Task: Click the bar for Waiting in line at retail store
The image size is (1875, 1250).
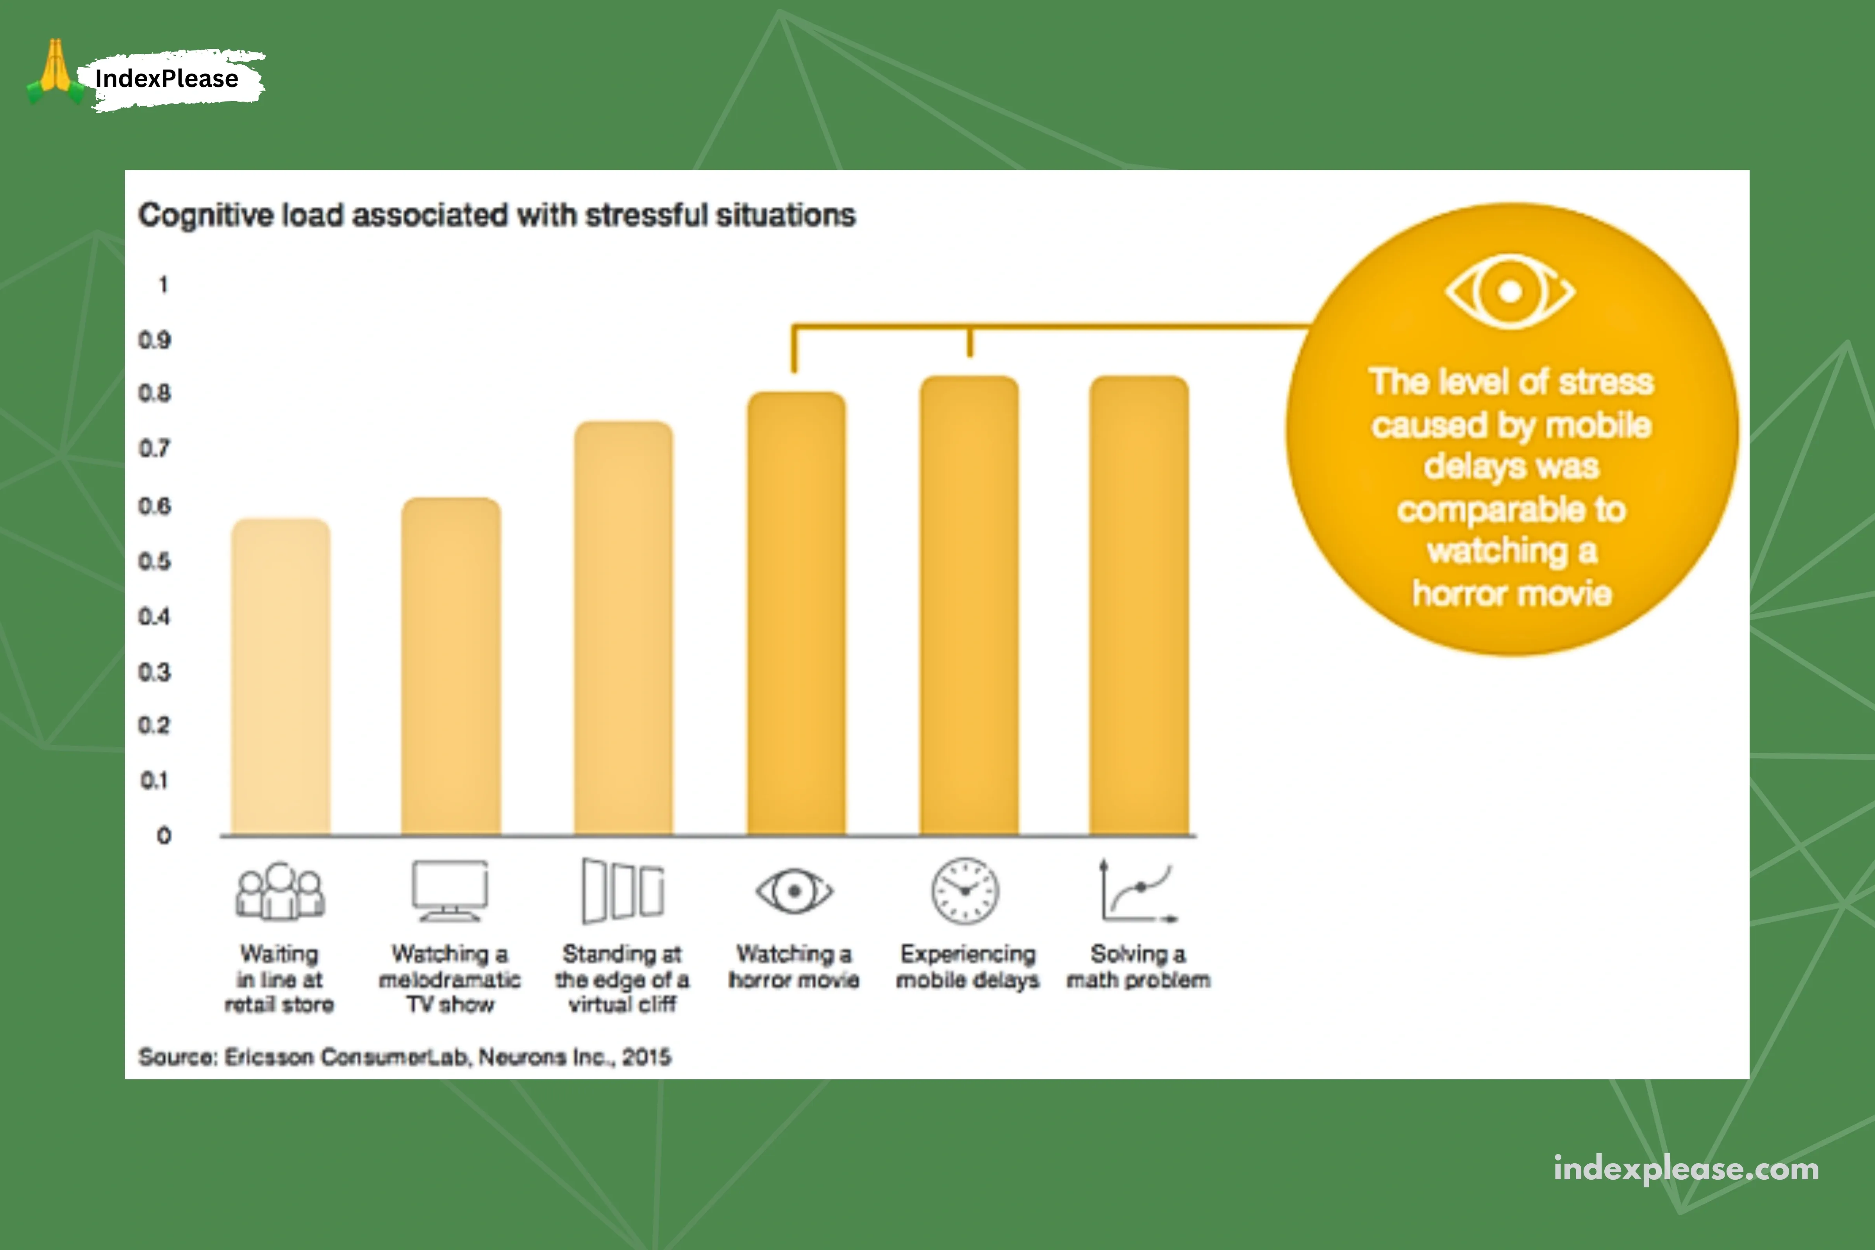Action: (280, 678)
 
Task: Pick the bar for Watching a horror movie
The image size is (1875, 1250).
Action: (796, 614)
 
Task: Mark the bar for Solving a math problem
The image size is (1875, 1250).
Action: (1139, 606)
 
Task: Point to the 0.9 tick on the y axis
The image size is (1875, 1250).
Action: (155, 340)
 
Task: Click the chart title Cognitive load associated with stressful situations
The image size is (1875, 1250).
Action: (496, 215)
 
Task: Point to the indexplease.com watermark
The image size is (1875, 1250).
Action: (1686, 1169)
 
